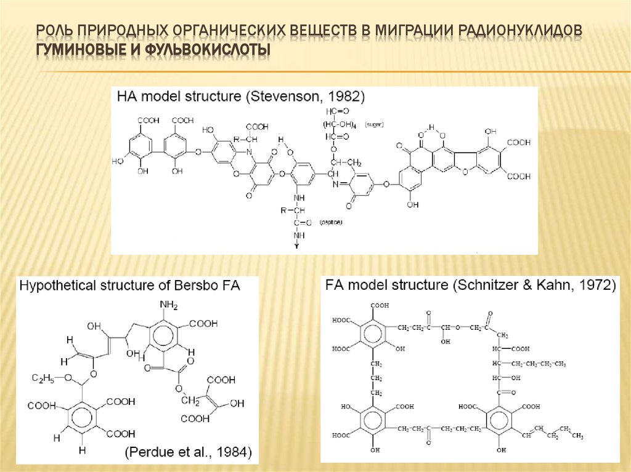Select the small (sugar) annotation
coord(373,124)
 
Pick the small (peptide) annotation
coord(332,222)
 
